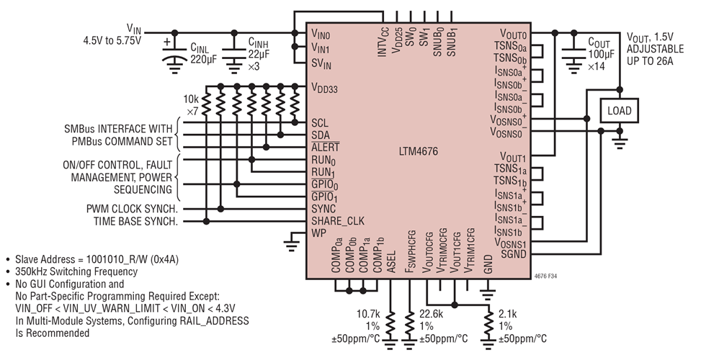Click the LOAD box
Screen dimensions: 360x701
[620, 111]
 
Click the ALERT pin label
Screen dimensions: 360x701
[325, 147]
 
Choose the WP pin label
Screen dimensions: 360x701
[318, 233]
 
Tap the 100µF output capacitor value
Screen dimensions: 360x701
[602, 54]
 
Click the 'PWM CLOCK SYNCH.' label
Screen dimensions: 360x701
[133, 209]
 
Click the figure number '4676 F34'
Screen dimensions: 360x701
[551, 275]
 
